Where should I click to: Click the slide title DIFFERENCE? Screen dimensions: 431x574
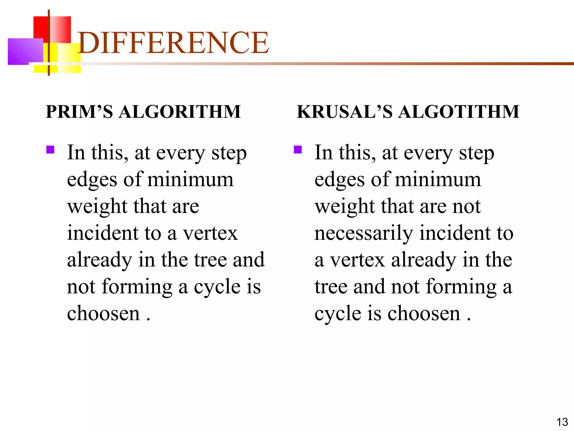pyautogui.click(x=173, y=43)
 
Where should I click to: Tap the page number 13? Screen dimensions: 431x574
pyautogui.click(x=562, y=422)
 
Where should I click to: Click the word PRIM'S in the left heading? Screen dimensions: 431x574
pyautogui.click(x=79, y=112)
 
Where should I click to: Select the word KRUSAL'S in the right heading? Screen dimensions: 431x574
pyautogui.click(x=345, y=112)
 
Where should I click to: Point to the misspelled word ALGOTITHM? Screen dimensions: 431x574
pyautogui.click(x=459, y=112)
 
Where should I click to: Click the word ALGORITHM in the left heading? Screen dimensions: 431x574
pyautogui.click(x=180, y=112)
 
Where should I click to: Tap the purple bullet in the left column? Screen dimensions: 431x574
pyautogui.click(x=50, y=150)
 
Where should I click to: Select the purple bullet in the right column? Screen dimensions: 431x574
pyautogui.click(x=298, y=150)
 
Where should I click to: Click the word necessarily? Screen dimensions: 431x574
pyautogui.click(x=364, y=233)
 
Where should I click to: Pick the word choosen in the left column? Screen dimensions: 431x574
pyautogui.click(x=103, y=313)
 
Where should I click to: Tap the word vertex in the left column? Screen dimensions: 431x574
pyautogui.click(x=210, y=233)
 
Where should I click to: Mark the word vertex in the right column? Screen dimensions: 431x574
pyautogui.click(x=357, y=260)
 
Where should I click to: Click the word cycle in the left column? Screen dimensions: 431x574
pyautogui.click(x=217, y=287)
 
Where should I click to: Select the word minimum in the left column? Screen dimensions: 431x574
pyautogui.click(x=190, y=180)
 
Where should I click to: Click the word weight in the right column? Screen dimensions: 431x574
pyautogui.click(x=344, y=207)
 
